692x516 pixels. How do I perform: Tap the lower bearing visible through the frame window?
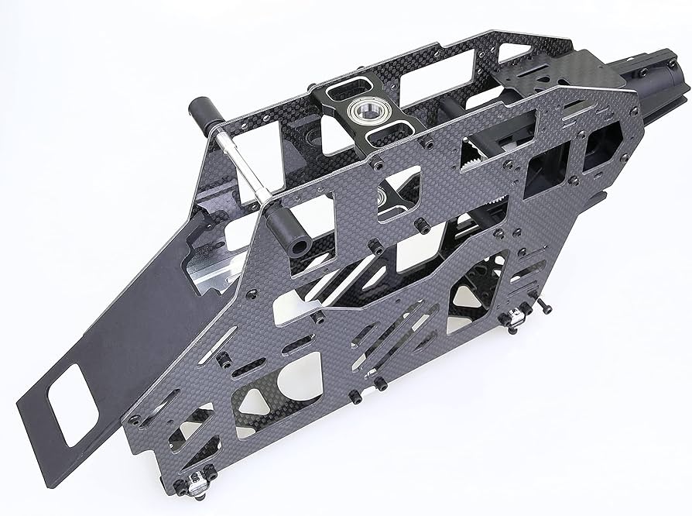384,199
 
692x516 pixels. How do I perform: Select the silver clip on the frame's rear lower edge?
513,318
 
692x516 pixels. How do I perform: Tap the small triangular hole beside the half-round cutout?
247,399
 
